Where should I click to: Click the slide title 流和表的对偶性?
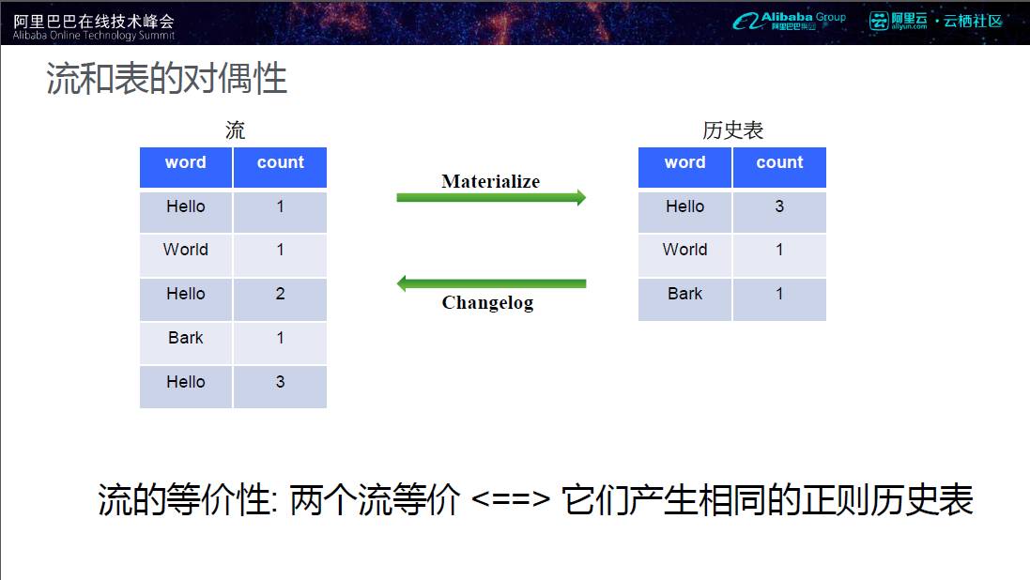click(166, 78)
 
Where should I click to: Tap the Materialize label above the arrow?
click(491, 180)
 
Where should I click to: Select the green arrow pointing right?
click(491, 197)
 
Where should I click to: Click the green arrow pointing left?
click(491, 283)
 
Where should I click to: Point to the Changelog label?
click(487, 302)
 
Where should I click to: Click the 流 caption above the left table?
click(235, 130)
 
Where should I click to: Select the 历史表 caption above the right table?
click(732, 130)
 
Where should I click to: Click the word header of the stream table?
click(186, 167)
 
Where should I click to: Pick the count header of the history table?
click(779, 167)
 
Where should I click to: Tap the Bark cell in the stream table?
click(186, 343)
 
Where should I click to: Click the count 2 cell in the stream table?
click(280, 298)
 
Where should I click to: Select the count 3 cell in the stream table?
click(280, 387)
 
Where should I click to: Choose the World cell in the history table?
click(684, 255)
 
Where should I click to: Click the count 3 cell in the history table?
click(779, 211)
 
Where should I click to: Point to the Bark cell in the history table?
click(684, 298)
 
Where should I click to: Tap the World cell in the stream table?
click(186, 255)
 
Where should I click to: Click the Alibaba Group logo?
click(789, 21)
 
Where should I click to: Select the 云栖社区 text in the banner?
click(973, 21)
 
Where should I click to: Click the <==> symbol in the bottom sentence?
click(511, 500)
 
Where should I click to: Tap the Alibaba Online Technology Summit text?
click(94, 36)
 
